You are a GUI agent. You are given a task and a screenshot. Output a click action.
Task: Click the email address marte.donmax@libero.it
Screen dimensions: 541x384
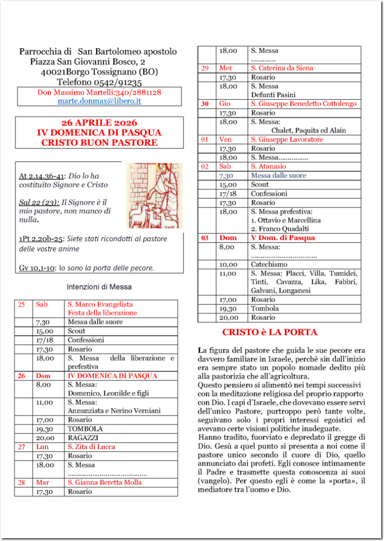pyautogui.click(x=99, y=100)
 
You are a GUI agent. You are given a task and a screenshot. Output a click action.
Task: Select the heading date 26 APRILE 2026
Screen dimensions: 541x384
pyautogui.click(x=99, y=123)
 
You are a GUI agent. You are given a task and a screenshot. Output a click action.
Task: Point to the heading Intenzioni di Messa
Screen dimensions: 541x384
pyautogui.click(x=99, y=287)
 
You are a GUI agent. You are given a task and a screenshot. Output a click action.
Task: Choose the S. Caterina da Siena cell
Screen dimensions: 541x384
pyautogui.click(x=282, y=68)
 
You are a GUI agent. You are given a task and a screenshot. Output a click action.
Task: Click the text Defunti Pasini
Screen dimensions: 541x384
pyautogui.click(x=273, y=95)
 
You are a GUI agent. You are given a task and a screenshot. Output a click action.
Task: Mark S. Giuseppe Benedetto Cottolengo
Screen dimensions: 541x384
pyautogui.click(x=303, y=104)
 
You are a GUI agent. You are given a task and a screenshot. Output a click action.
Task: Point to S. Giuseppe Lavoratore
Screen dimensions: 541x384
pyautogui.click(x=287, y=140)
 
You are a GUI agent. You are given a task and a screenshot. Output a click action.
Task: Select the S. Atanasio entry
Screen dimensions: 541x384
pyautogui.click(x=269, y=167)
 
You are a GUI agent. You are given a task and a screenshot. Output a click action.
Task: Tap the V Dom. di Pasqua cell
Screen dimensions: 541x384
pyautogui.click(x=283, y=238)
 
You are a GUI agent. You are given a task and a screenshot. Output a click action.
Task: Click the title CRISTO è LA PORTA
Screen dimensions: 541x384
pyautogui.click(x=270, y=332)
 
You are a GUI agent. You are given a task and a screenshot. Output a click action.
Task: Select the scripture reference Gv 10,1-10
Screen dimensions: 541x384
pyautogui.click(x=36, y=268)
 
